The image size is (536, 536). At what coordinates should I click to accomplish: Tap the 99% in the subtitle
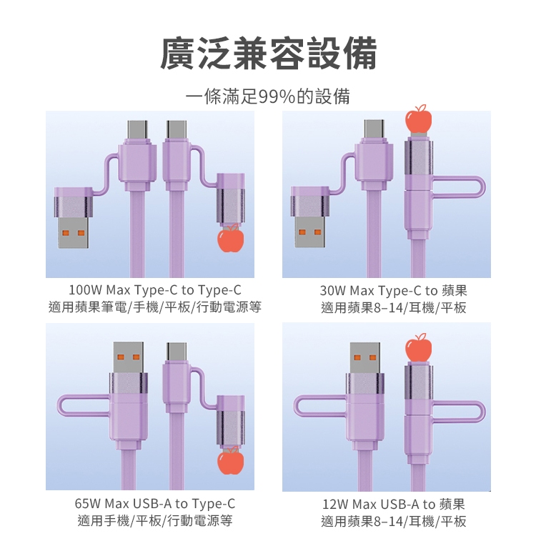point(277,96)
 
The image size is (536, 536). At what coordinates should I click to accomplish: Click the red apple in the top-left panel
point(230,238)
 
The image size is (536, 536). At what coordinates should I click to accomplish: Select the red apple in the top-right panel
point(418,119)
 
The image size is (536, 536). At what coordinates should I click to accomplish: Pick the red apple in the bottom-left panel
point(230,460)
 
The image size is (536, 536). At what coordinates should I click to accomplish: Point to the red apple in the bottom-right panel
point(418,347)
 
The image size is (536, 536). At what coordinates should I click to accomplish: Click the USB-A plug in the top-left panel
point(73,218)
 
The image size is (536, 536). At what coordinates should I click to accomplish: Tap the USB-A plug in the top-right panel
point(309,217)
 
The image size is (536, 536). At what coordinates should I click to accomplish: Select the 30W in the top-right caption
point(333,291)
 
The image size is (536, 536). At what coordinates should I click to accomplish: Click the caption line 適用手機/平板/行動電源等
point(155,520)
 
